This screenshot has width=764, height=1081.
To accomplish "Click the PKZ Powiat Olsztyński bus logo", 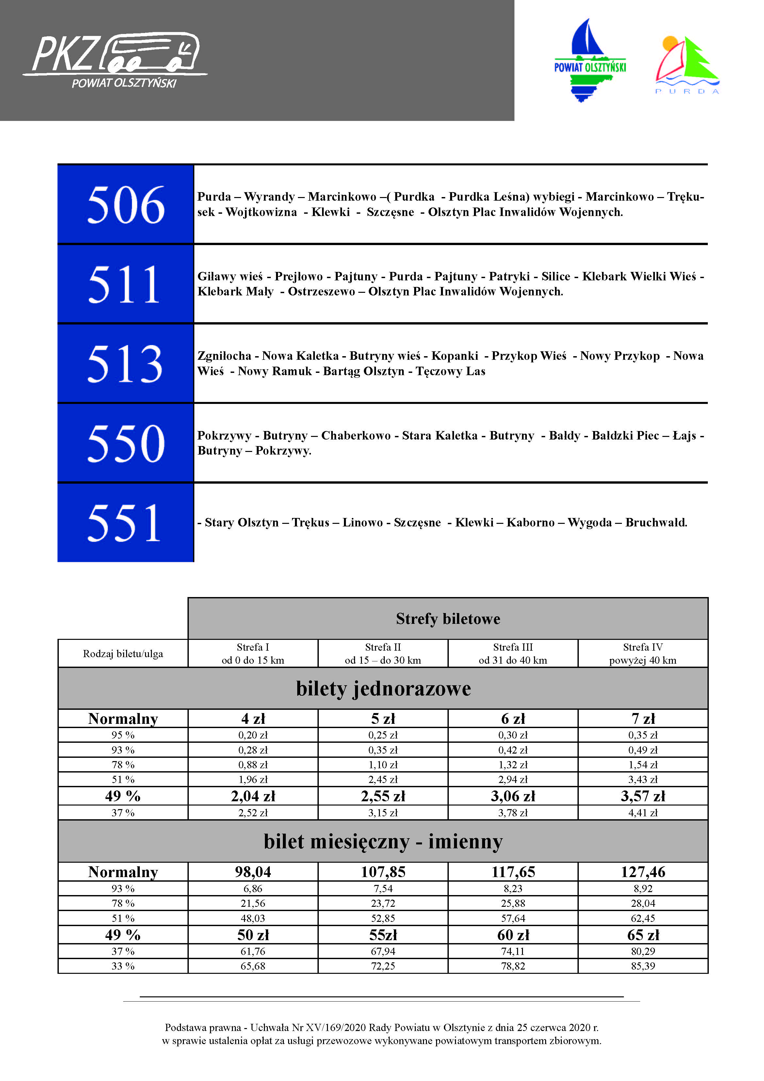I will (115, 60).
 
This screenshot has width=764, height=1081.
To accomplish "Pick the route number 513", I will (126, 363).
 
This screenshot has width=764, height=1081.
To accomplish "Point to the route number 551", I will (126, 523).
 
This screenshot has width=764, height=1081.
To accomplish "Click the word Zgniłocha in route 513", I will (224, 356).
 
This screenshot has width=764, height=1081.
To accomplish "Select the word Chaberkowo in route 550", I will (356, 436).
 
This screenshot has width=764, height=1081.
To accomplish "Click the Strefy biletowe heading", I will (448, 619).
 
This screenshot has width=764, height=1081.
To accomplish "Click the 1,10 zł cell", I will (383, 765).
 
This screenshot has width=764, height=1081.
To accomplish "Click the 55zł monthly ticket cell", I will (383, 935).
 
